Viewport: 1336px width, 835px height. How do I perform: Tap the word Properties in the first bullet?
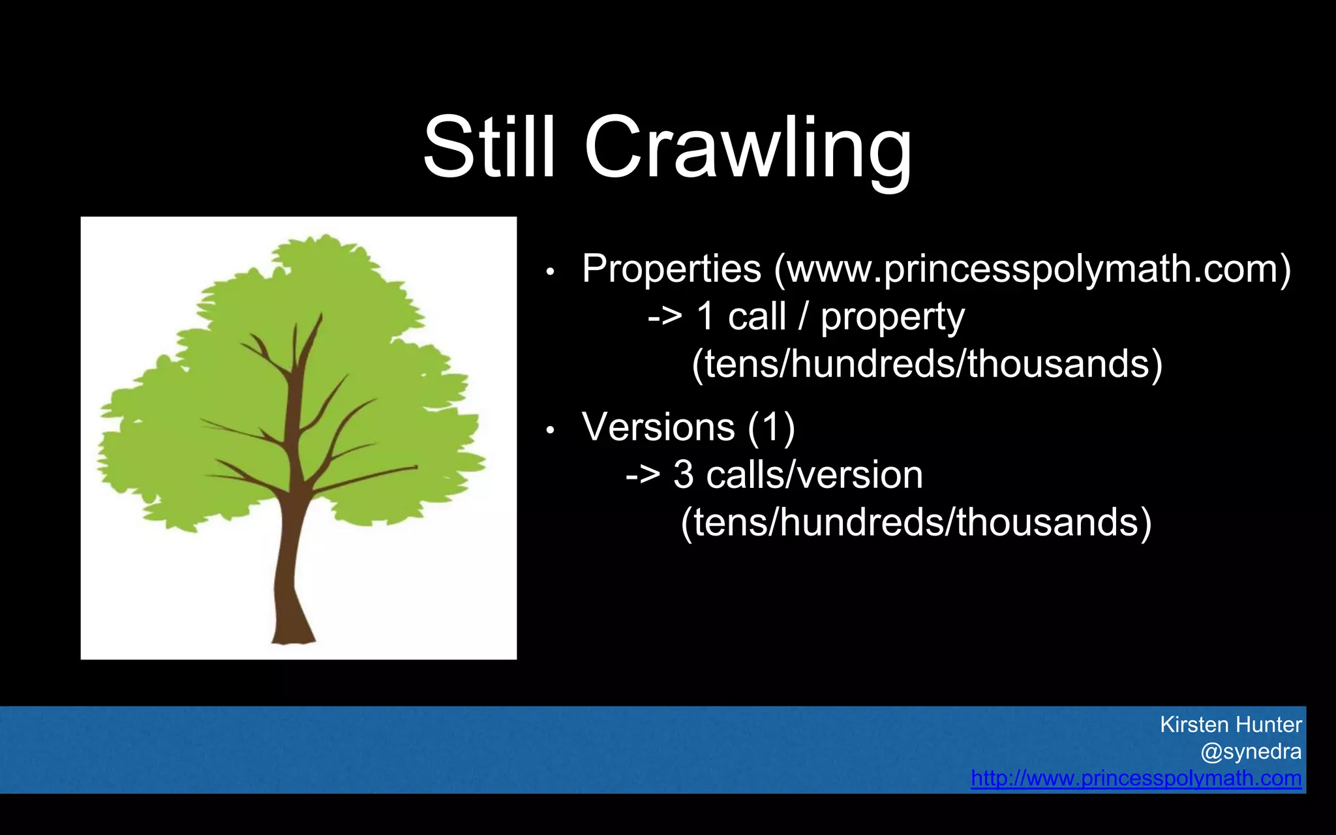[x=671, y=268]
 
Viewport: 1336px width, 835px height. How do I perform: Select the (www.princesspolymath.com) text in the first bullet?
[x=1032, y=269]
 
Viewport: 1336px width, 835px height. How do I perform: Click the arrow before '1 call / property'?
[x=665, y=318]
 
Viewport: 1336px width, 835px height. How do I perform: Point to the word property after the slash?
[x=892, y=318]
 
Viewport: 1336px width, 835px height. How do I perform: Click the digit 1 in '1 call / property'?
[x=705, y=316]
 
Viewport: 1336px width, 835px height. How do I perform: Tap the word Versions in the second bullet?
[x=658, y=427]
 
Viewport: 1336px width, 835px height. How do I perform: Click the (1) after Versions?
[x=771, y=428]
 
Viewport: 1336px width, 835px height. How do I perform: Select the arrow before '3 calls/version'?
[x=643, y=476]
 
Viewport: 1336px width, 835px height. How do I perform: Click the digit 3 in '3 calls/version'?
[x=683, y=475]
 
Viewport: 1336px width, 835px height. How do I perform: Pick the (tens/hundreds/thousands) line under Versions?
[x=916, y=523]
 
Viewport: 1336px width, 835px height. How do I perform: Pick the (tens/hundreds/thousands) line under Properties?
[x=927, y=363]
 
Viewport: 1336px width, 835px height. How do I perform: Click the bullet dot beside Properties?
[x=550, y=271]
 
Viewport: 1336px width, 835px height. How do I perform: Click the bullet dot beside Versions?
[x=550, y=430]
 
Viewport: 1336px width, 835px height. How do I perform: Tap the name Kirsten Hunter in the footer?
[x=1230, y=725]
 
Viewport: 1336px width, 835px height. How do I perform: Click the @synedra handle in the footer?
[x=1251, y=751]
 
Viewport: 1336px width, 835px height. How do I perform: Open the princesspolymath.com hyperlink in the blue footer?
[x=1136, y=778]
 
